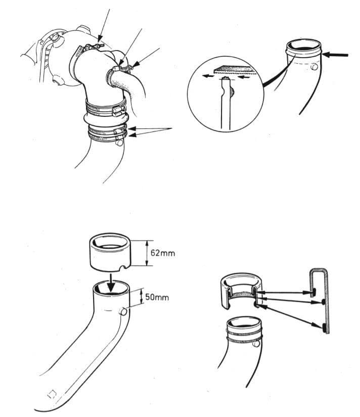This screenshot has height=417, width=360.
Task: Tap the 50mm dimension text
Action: pos(157,297)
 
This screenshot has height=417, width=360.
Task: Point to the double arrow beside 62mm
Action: pos(146,253)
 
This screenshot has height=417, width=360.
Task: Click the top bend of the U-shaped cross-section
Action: pos(319,271)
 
